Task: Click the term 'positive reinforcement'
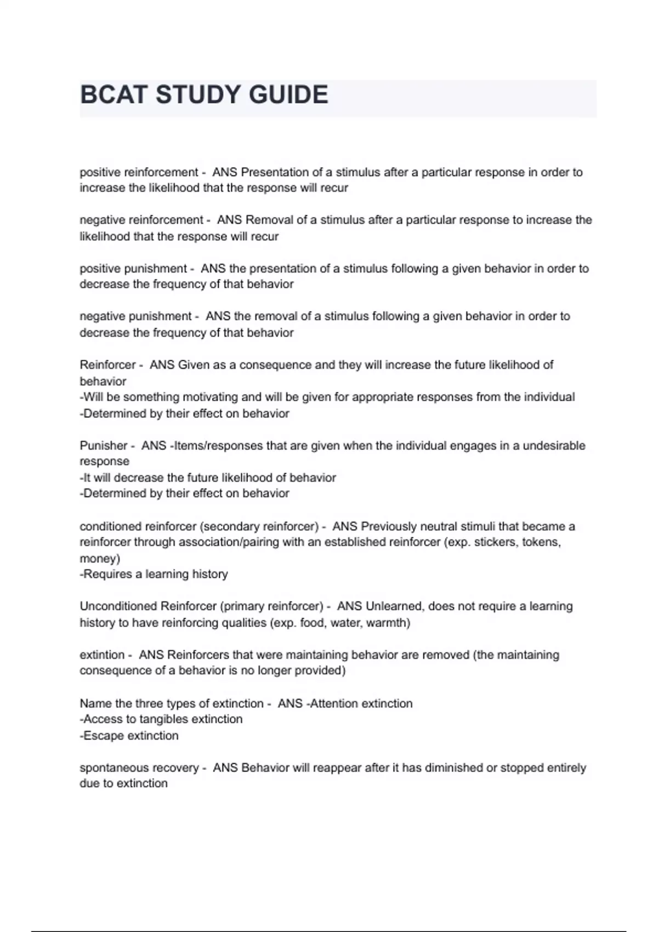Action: pos(139,172)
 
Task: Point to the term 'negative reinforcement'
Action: pos(141,220)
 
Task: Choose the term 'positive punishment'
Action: pos(133,269)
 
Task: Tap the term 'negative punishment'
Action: pos(135,316)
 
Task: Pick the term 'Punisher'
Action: pos(104,446)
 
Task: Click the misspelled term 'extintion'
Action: pos(102,655)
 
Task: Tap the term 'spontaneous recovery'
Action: pos(139,768)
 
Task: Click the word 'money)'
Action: pos(100,559)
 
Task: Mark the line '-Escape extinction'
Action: pos(129,736)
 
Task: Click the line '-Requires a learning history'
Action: pos(154,574)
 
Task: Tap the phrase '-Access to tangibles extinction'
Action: pos(161,719)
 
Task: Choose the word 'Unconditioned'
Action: pos(118,606)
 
